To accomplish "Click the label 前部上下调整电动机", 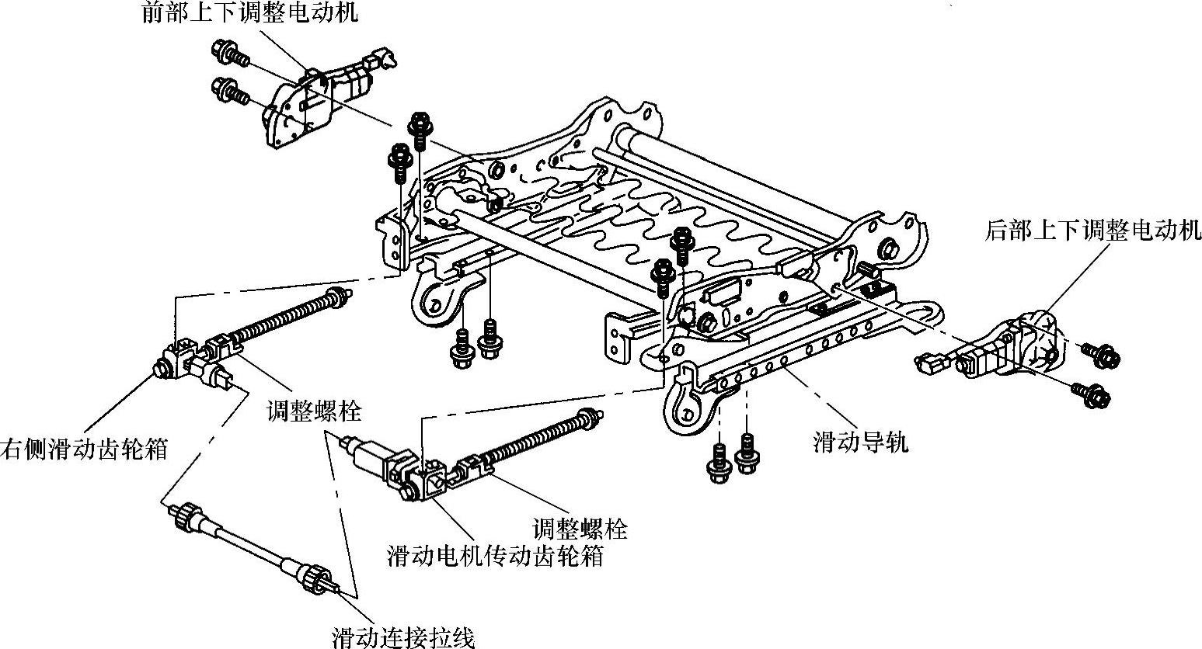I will pos(249,13).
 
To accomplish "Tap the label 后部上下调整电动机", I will pos(1092,231).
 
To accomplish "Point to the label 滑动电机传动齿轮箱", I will pos(494,556).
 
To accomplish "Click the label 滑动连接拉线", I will pos(402,638).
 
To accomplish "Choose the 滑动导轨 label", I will pos(860,443).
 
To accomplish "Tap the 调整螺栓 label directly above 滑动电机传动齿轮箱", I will pos(580,529).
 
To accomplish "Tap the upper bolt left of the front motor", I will pos(228,54).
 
